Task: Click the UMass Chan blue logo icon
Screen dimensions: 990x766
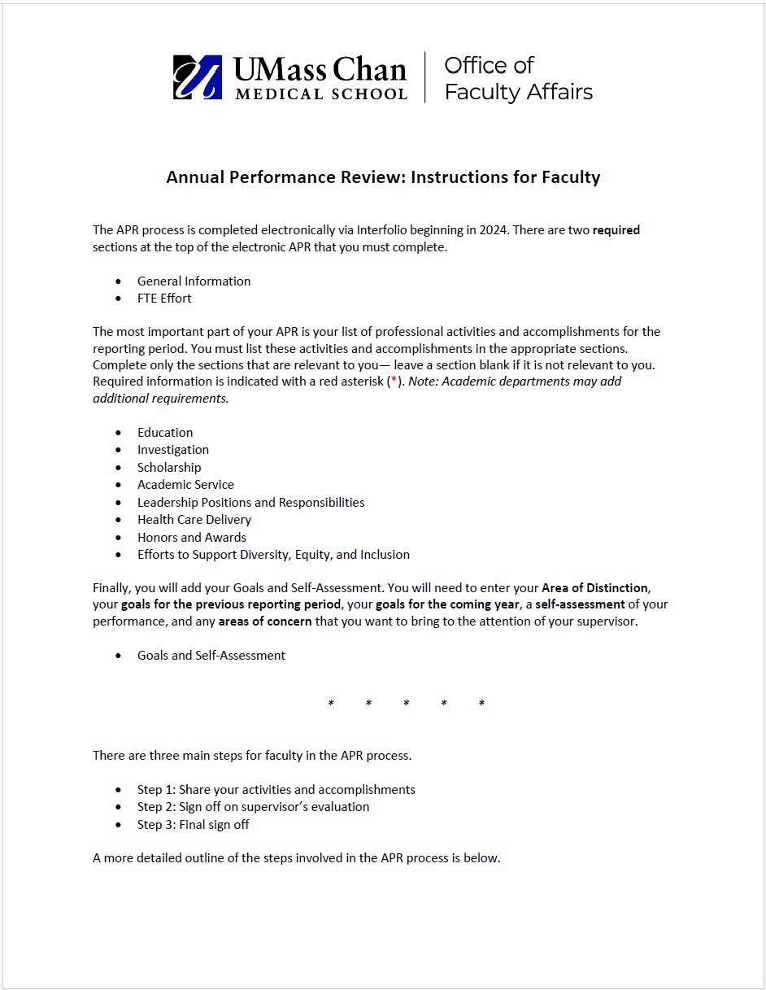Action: pyautogui.click(x=197, y=77)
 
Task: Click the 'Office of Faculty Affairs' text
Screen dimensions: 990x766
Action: pyautogui.click(x=518, y=79)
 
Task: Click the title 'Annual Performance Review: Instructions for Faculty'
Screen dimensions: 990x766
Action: pyautogui.click(x=383, y=177)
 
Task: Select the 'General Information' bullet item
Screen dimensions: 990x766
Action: pyautogui.click(x=194, y=281)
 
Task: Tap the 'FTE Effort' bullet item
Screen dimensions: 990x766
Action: pyautogui.click(x=164, y=299)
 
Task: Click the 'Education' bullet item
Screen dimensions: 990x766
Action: pyautogui.click(x=165, y=433)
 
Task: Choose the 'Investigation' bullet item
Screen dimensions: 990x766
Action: pyautogui.click(x=172, y=450)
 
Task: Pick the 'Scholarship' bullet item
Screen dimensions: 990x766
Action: pyautogui.click(x=169, y=468)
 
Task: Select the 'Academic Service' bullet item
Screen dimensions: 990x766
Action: pyautogui.click(x=185, y=485)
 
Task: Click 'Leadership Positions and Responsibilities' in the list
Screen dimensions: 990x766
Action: pyautogui.click(x=250, y=503)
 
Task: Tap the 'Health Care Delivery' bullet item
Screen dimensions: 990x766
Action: pyautogui.click(x=194, y=520)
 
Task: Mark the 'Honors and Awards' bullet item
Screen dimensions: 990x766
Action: pyautogui.click(x=191, y=538)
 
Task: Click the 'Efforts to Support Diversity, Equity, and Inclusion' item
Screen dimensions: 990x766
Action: pyautogui.click(x=273, y=555)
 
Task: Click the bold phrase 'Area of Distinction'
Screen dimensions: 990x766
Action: pyautogui.click(x=594, y=588)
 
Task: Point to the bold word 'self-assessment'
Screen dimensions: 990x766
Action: pyautogui.click(x=580, y=605)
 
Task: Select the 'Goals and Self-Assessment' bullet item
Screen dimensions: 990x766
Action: pyautogui.click(x=211, y=656)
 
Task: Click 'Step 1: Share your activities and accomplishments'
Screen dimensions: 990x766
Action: pyautogui.click(x=276, y=790)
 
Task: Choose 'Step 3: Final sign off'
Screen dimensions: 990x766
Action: pyautogui.click(x=193, y=825)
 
